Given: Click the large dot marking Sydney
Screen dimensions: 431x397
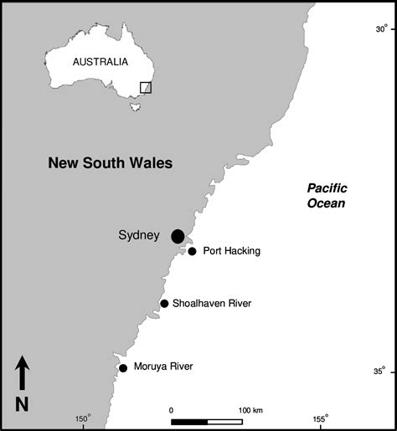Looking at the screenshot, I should click(x=178, y=237).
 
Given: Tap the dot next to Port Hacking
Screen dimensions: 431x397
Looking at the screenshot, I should click(x=192, y=251).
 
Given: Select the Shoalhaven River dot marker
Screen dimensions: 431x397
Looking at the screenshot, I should click(x=164, y=303).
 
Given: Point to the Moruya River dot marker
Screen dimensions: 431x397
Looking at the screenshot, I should click(x=123, y=367).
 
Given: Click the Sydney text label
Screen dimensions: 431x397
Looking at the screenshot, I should click(x=138, y=236).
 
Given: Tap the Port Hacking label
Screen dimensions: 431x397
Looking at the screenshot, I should click(x=232, y=251).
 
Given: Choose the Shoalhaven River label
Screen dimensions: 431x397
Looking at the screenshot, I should click(x=213, y=303).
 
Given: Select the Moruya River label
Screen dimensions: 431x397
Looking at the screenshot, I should click(x=163, y=367).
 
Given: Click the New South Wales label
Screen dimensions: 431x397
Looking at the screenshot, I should click(x=110, y=163).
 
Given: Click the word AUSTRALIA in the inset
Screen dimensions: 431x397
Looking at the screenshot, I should click(x=101, y=61).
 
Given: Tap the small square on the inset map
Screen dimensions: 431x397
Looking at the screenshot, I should click(x=146, y=87).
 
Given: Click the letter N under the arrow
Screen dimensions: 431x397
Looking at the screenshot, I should click(x=23, y=403).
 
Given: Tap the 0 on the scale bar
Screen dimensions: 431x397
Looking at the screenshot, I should click(x=171, y=410).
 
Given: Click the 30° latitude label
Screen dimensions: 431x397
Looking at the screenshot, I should click(x=381, y=28).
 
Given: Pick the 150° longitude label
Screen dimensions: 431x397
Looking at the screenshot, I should click(x=82, y=419).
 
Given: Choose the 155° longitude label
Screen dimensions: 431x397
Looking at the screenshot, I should click(x=320, y=419).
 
